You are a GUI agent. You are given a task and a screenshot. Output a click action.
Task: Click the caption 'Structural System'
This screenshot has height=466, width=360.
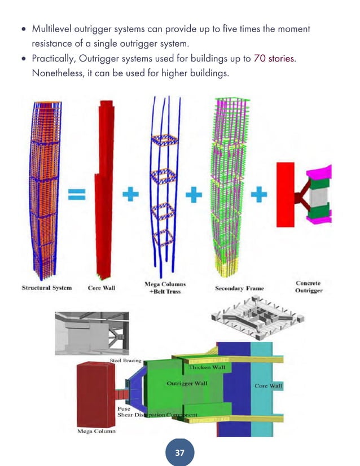coord(47,288)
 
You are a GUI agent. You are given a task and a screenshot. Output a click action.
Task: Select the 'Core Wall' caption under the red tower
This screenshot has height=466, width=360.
coord(102,288)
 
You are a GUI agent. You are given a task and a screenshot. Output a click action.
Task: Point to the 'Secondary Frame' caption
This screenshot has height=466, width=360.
coord(239,288)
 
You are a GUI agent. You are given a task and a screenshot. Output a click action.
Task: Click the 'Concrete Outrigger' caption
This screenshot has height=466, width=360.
coord(309,287)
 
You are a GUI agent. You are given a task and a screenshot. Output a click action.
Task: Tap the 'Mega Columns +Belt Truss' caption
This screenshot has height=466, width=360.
coord(165,288)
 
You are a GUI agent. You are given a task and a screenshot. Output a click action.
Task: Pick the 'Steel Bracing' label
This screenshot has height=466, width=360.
coord(125,361)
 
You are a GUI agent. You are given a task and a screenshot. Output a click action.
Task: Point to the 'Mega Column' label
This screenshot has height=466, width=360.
coord(96,432)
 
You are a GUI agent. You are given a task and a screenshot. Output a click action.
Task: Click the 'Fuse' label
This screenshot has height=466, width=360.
coord(124,408)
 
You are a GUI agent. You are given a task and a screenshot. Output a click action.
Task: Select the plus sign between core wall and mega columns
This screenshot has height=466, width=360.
coord(130,195)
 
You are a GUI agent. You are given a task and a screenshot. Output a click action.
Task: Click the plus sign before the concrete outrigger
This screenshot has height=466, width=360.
coord(258,195)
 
